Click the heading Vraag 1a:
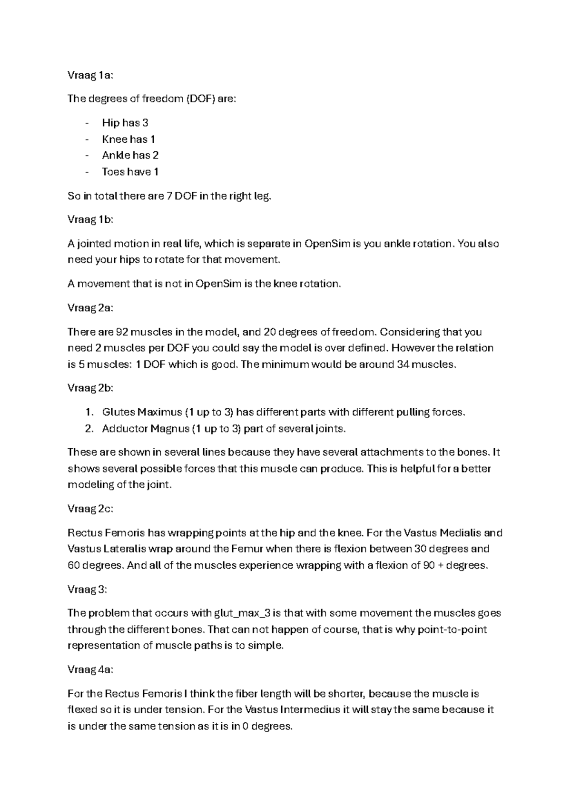(x=90, y=75)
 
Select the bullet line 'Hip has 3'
(x=125, y=123)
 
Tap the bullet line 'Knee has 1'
(x=128, y=139)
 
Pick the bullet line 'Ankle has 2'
(x=130, y=155)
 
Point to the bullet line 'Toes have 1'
(x=130, y=172)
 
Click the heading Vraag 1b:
(x=90, y=220)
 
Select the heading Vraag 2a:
(x=90, y=308)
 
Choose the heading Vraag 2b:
(x=90, y=388)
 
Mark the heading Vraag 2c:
(x=90, y=509)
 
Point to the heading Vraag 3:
(x=88, y=590)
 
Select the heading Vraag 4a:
(x=90, y=670)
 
